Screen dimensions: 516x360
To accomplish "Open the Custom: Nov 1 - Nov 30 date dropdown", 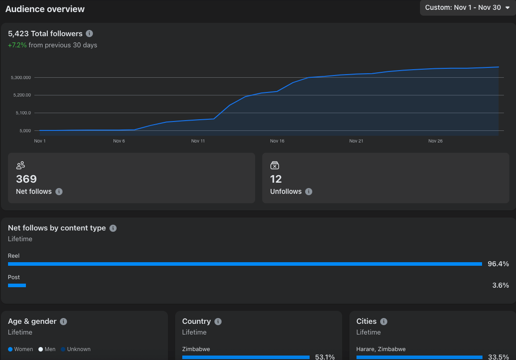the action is click(467, 8).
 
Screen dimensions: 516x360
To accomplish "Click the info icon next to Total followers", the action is click(89, 33).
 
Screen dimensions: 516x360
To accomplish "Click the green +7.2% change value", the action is click(17, 45).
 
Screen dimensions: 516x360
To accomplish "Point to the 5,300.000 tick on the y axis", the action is click(21, 78).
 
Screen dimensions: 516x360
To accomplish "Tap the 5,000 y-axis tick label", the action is click(25, 130).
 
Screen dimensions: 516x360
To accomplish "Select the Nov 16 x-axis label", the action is click(277, 141).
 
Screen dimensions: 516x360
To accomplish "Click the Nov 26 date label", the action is click(436, 141).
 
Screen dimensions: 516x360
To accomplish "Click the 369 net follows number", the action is click(26, 179).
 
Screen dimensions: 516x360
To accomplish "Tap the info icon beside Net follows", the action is click(59, 192).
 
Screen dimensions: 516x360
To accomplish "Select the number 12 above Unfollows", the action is click(276, 179).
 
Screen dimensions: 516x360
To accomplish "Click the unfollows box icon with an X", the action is click(274, 165).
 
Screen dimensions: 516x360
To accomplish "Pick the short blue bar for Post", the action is click(17, 285).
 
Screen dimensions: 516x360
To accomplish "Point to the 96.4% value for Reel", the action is click(498, 264).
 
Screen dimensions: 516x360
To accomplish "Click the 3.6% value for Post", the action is click(500, 285).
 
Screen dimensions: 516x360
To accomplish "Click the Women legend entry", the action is click(21, 349).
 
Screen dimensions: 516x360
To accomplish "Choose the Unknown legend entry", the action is click(76, 349).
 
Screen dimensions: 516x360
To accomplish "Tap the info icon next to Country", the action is click(218, 322).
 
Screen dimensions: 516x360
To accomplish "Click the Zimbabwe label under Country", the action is click(196, 349).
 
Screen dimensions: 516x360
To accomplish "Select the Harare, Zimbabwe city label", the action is click(381, 349).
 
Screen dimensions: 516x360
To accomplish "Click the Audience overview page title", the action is click(45, 9).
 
